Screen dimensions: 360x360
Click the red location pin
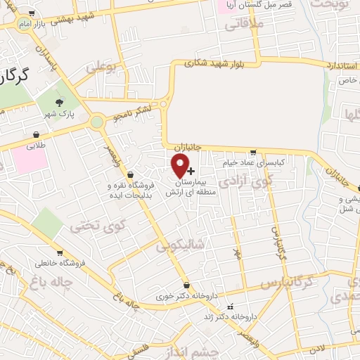click(181, 165)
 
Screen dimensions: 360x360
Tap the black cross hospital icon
click(191, 171)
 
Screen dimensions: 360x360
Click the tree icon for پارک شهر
click(68, 103)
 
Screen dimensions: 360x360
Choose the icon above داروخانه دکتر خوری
click(186, 285)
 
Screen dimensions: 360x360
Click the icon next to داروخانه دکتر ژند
click(229, 307)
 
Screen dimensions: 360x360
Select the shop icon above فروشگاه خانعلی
click(60, 253)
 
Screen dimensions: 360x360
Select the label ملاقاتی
click(243, 25)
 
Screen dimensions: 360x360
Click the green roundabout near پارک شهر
click(97, 122)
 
